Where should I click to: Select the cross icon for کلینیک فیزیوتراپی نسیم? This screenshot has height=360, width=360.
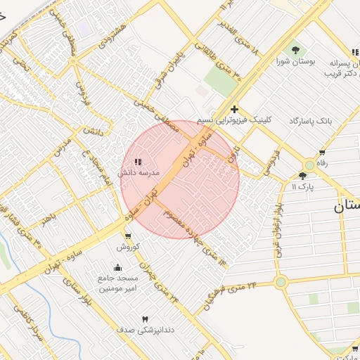click(234, 109)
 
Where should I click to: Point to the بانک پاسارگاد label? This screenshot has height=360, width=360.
click(309, 121)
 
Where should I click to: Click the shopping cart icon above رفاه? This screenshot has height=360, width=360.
click(322, 153)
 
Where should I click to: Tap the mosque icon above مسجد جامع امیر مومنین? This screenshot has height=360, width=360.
click(117, 267)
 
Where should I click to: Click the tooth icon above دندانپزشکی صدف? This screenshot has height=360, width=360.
click(146, 319)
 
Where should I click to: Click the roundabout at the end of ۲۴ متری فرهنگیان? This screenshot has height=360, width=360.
click(281, 282)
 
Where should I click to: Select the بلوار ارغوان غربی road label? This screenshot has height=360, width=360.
click(280, 229)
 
